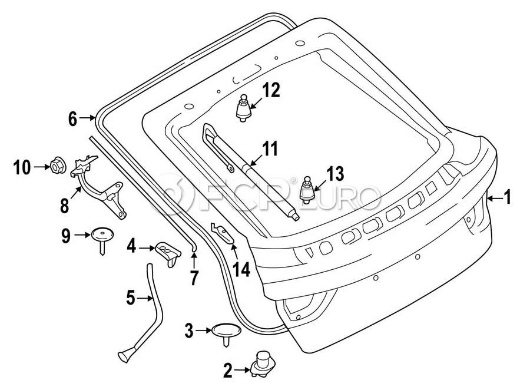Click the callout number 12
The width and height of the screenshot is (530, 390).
coord(271,90)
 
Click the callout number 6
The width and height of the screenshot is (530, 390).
coord(72,119)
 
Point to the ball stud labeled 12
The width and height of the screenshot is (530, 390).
coord(243,108)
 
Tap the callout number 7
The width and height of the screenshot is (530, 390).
coord(194,276)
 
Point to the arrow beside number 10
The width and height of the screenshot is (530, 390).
coord(42,167)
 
